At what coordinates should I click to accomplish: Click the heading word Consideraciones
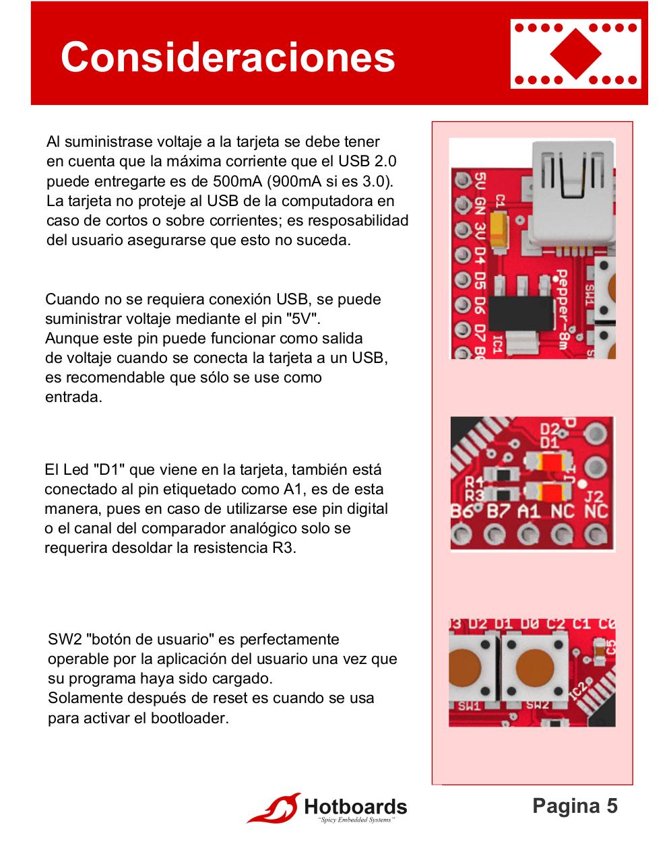pos(228,57)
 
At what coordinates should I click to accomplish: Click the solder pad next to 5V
pos(462,181)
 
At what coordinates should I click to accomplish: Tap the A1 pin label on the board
pos(529,511)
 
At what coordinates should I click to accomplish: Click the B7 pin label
pos(499,511)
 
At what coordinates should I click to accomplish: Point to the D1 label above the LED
pos(550,442)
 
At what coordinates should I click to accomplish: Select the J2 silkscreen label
pos(594,496)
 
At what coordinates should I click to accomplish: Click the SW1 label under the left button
pos(469,706)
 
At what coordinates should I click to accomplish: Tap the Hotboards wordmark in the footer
pos(356,807)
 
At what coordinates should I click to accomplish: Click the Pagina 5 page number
pos(575,806)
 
